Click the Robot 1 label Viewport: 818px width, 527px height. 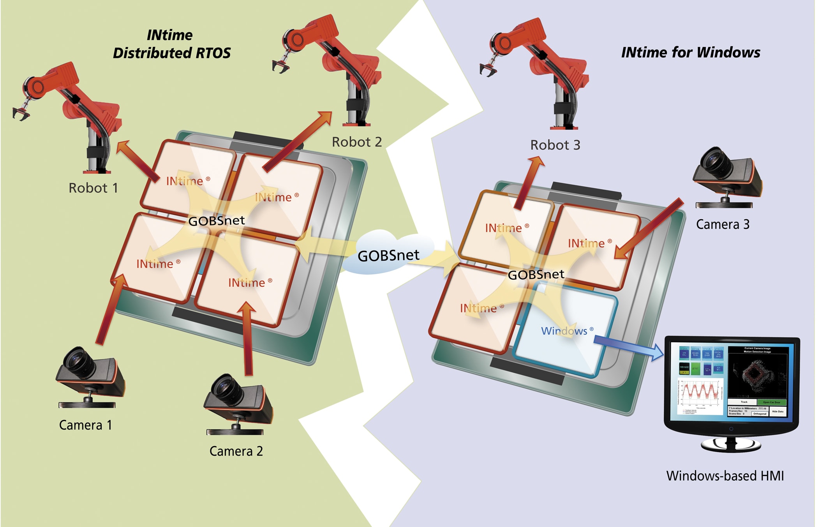[93, 188]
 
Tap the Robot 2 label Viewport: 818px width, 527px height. [356, 142]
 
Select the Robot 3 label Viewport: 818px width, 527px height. [555, 145]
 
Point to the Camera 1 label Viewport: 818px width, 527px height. [85, 425]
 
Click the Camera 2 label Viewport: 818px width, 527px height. [236, 451]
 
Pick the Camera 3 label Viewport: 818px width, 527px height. [723, 224]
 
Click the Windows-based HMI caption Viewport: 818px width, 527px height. [725, 476]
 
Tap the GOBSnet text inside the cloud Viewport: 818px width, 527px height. [388, 256]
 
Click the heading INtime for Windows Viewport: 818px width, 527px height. [690, 53]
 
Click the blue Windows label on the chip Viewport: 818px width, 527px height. [564, 331]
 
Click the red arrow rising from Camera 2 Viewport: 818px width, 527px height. [247, 339]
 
